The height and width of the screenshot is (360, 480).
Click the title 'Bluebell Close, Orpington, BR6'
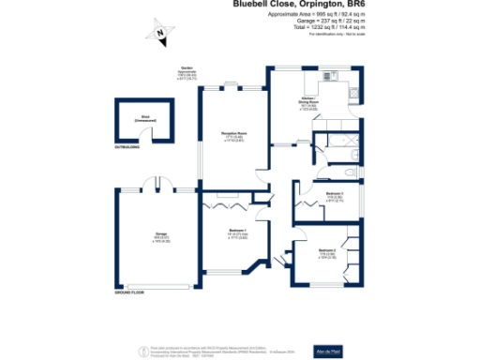click(x=298, y=5)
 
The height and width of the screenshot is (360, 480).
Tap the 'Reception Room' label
click(x=233, y=134)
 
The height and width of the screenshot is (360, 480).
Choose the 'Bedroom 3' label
click(x=335, y=195)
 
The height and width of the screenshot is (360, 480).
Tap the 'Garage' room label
click(x=148, y=235)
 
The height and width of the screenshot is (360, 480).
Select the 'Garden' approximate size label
click(x=189, y=74)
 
